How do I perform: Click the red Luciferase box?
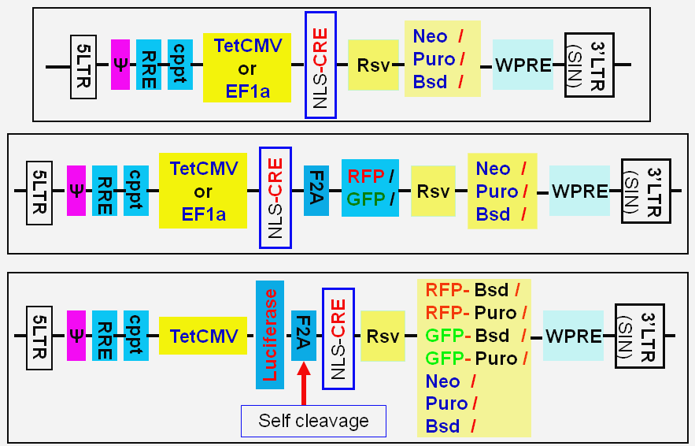[x=270, y=335]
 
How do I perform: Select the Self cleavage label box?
[x=313, y=421]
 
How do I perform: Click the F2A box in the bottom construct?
[x=303, y=335]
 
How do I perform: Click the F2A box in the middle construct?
[x=316, y=191]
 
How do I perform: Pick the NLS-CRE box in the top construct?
[x=320, y=65]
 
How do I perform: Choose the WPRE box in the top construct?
[x=523, y=65]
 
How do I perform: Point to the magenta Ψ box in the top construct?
[x=120, y=65]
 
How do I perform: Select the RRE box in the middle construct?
[x=104, y=191]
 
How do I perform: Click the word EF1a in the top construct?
[x=247, y=91]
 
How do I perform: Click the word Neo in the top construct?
[x=430, y=36]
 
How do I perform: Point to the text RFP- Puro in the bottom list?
[x=471, y=313]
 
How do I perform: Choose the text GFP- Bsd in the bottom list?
[x=471, y=336]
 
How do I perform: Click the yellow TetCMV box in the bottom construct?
[x=203, y=336]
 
